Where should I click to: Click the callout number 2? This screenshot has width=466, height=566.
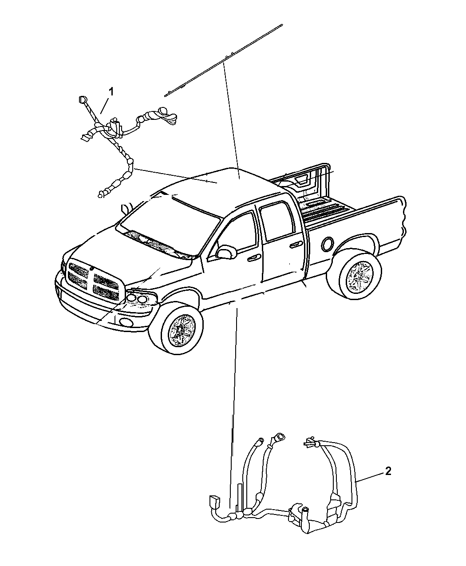(x=388, y=471)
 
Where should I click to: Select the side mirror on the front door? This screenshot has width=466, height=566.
(x=226, y=252)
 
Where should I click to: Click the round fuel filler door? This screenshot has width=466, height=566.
(x=328, y=243)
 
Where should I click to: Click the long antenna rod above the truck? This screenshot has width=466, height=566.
(x=224, y=60)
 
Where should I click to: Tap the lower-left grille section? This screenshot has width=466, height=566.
(x=77, y=280)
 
